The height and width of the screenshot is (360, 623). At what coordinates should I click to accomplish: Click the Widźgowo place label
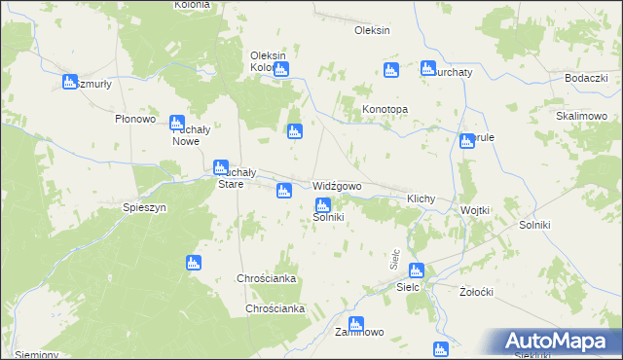coord(338,186)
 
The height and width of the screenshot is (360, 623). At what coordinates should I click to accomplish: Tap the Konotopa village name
coord(385,110)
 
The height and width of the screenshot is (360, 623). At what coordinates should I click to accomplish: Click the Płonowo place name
coord(136,119)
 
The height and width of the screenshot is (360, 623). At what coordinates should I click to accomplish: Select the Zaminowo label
coord(359,332)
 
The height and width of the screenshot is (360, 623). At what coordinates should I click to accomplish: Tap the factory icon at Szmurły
coord(70,83)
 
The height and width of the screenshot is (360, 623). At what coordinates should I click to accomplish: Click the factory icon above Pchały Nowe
coord(177,124)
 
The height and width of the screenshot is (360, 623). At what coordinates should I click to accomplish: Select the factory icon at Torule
coord(468,140)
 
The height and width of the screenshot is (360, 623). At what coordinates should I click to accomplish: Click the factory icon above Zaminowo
coord(355,323)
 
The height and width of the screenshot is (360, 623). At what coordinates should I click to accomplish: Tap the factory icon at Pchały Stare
coord(221,167)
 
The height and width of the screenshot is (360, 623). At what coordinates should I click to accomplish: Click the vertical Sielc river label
coord(394,259)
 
